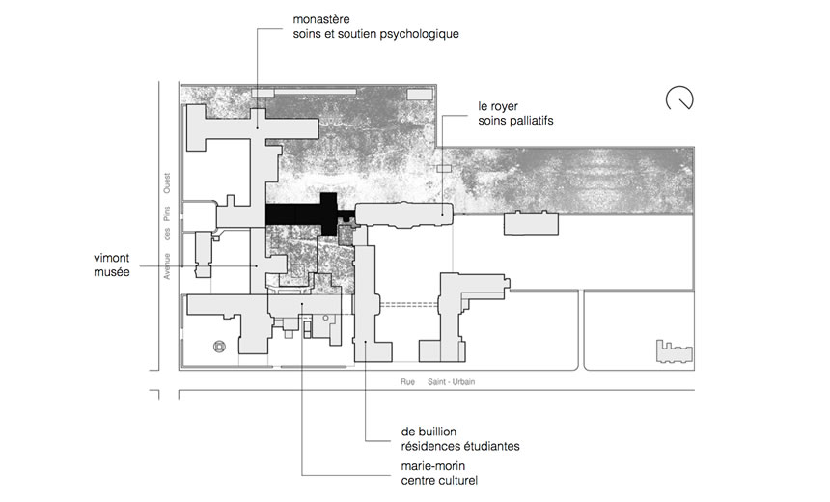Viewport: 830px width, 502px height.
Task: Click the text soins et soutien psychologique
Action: click(x=376, y=34)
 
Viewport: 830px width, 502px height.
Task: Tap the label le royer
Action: click(x=500, y=105)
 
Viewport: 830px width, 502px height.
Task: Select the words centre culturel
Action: click(x=440, y=480)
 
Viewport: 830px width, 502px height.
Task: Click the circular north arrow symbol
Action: click(x=680, y=98)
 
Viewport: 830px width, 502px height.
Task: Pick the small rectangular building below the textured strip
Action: click(x=532, y=223)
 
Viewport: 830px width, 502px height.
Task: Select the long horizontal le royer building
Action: click(x=403, y=213)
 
